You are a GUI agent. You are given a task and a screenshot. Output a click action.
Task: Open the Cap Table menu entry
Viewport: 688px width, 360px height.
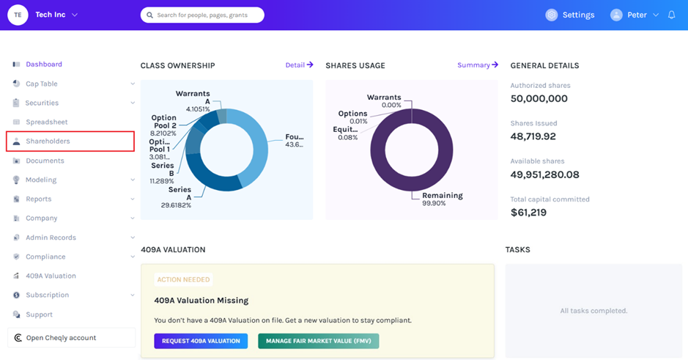click(41, 84)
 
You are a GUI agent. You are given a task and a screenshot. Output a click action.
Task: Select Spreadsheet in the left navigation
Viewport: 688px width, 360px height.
click(46, 122)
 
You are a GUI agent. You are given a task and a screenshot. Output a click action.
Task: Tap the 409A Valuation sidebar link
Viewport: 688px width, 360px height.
click(51, 276)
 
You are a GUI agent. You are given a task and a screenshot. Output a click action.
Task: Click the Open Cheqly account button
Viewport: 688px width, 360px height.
click(71, 337)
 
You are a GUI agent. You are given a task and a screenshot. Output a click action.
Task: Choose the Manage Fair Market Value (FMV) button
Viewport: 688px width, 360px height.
click(319, 341)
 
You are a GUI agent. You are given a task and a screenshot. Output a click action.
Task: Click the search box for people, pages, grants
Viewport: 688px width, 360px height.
click(202, 15)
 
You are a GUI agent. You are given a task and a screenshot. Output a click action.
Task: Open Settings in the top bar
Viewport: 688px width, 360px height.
click(570, 15)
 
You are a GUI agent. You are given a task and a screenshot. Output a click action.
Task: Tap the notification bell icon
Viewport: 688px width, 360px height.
click(671, 15)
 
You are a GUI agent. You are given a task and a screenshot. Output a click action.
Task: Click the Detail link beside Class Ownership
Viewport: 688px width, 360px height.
click(299, 65)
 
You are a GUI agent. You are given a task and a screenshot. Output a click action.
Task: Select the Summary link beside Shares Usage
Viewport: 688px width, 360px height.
click(478, 65)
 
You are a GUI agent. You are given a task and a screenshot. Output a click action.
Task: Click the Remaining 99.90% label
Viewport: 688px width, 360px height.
click(443, 199)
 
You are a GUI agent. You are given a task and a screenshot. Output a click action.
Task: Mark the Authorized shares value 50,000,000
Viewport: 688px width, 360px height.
click(539, 99)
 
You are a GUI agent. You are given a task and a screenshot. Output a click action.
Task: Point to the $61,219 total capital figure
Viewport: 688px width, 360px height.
click(528, 213)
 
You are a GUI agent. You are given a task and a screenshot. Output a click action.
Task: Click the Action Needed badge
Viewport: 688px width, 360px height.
click(183, 279)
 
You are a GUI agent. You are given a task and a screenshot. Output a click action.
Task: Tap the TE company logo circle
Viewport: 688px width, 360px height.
click(18, 15)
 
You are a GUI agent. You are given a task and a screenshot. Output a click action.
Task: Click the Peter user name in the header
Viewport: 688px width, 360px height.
click(637, 15)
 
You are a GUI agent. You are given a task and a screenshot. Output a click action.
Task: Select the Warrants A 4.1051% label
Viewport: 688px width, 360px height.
click(193, 101)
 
